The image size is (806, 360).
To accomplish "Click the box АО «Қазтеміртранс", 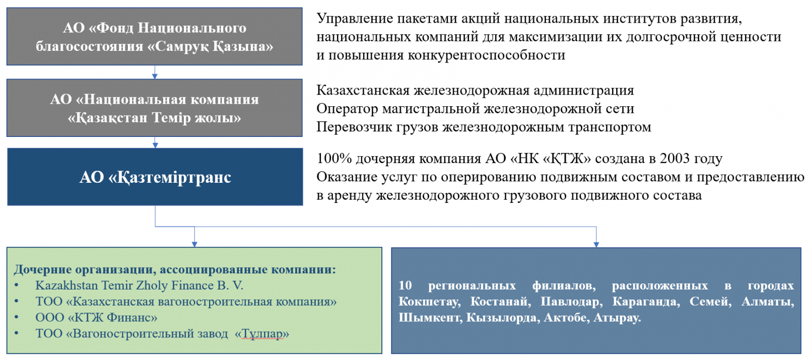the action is click(x=155, y=177).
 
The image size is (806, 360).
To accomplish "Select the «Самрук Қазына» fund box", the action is click(x=154, y=36).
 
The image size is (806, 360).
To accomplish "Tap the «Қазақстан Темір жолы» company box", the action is click(x=154, y=108).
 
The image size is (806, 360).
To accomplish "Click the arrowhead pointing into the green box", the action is click(x=194, y=244).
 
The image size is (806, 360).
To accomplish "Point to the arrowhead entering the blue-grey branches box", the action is click(x=596, y=245).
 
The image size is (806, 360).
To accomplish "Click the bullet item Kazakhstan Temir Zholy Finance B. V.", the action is click(x=139, y=285).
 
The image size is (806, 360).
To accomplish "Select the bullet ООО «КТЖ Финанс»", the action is click(x=96, y=318).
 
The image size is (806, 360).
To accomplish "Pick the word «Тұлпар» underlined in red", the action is click(x=261, y=334).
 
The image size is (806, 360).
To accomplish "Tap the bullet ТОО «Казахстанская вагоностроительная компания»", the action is click(x=186, y=302).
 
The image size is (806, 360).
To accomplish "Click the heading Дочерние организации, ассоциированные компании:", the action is click(x=175, y=269).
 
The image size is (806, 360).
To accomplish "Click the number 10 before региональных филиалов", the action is click(x=405, y=285).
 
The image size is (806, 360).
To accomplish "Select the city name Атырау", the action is click(x=617, y=318).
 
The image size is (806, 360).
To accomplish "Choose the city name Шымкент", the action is click(x=430, y=318).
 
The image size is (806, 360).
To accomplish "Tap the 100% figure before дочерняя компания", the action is click(x=334, y=158).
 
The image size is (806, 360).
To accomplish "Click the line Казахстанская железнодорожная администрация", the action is click(x=476, y=90).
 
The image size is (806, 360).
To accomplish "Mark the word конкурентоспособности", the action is click(x=487, y=55).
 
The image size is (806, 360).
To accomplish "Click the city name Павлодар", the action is click(x=571, y=302).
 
